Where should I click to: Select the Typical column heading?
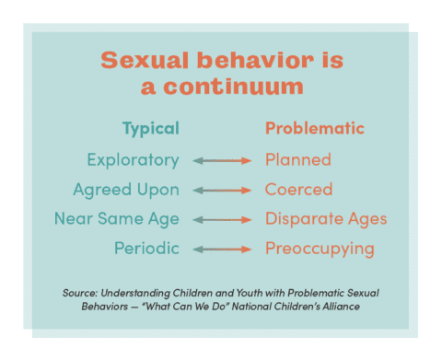[x=150, y=128]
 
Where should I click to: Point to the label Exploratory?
[x=133, y=159]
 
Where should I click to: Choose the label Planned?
[x=297, y=159]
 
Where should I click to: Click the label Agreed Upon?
[x=126, y=190]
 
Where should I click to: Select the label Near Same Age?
[x=116, y=219]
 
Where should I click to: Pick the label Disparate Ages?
[x=326, y=219]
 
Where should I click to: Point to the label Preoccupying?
[x=320, y=249]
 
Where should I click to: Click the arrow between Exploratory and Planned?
[x=222, y=160]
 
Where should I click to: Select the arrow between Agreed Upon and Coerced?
[x=222, y=191]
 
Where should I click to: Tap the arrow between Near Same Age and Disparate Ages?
[x=222, y=220]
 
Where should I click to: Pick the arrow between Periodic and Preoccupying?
[x=222, y=250]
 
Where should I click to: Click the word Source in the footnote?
[x=80, y=292]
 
